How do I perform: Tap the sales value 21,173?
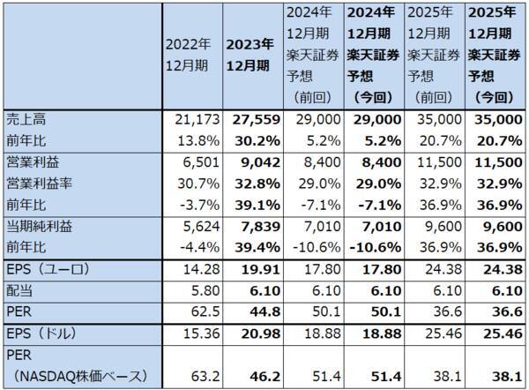tap(190, 118)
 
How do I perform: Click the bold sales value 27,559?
tap(248, 118)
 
